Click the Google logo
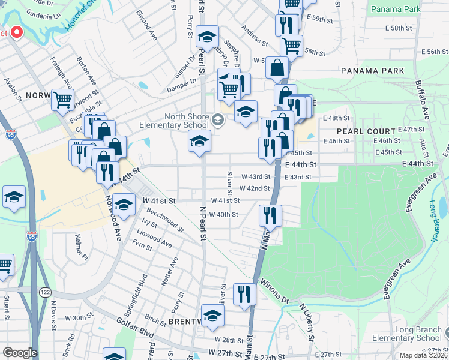coord(20,353)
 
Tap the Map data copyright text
coord(424,355)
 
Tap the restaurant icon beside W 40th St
coord(270,215)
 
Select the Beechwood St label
coord(164,220)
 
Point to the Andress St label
coord(254,35)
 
